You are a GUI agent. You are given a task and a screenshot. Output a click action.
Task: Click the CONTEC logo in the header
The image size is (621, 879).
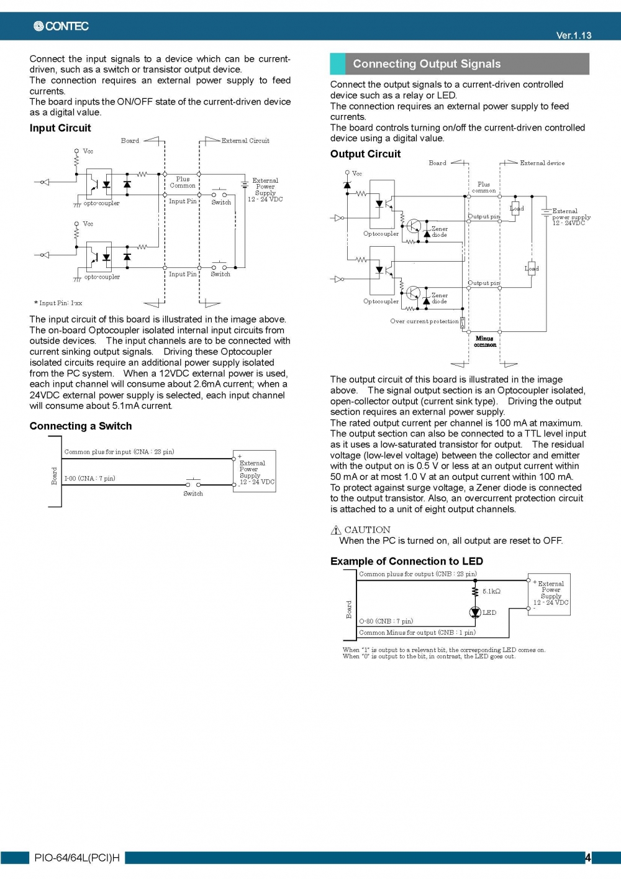[61, 26]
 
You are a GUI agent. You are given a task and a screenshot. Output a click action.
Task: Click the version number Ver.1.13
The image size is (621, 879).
[573, 35]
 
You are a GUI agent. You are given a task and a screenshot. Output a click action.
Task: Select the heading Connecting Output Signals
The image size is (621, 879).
[427, 64]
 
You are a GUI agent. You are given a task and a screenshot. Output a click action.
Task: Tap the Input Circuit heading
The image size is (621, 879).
[60, 128]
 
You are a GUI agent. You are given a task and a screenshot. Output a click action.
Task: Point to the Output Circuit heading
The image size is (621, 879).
[365, 154]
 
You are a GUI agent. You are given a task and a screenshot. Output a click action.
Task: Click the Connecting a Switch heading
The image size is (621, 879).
[81, 426]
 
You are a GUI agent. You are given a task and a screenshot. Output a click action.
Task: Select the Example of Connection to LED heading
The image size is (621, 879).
[406, 561]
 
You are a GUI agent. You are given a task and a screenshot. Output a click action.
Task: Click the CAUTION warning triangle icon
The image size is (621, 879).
[336, 530]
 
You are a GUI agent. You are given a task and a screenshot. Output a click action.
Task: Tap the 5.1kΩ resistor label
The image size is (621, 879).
[491, 592]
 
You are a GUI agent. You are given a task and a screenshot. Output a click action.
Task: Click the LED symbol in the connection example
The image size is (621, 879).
[475, 613]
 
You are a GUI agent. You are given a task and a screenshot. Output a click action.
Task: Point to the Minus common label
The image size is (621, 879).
[484, 342]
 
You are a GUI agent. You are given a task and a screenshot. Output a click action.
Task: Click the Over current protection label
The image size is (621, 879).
[424, 321]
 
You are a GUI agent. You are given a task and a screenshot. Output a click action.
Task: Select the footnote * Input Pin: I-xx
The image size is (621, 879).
[58, 303]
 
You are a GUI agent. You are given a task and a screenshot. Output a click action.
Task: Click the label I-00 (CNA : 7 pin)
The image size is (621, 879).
[89, 479]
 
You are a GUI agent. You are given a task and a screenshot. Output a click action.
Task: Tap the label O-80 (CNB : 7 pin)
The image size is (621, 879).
[386, 622]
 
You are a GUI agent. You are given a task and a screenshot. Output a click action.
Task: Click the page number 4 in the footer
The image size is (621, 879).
[587, 858]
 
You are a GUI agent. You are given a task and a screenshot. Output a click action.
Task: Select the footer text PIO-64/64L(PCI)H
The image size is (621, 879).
[77, 858]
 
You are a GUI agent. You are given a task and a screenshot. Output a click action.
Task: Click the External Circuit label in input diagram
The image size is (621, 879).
[245, 141]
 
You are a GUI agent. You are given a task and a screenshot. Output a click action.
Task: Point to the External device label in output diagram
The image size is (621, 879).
[542, 163]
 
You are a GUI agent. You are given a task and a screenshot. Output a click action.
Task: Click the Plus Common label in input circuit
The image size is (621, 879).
[183, 182]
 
